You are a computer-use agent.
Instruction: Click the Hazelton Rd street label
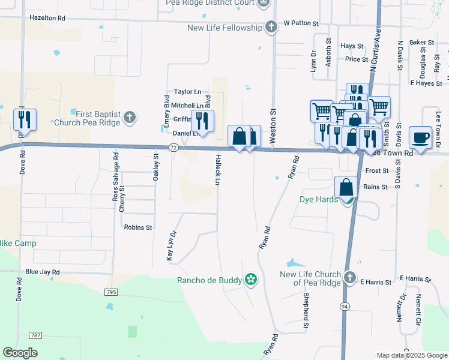coord(47,18)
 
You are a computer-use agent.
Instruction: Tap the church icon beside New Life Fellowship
coord(271,28)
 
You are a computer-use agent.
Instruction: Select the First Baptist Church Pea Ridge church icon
coord(130,118)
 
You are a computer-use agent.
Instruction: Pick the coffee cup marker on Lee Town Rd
coord(421,137)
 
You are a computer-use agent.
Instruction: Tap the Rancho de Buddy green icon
coord(251,280)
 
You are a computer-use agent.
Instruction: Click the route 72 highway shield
coord(173,147)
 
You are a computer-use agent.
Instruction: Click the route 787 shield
coord(37,335)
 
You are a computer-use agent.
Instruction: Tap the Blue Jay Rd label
coord(43,272)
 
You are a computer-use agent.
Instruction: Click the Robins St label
coord(138,227)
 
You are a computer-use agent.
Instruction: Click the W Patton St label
coord(301,23)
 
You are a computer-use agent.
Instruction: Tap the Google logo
coord(20,353)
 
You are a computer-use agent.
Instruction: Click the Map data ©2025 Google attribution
coord(411,355)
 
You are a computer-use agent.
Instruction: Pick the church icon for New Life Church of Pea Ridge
coord(351,278)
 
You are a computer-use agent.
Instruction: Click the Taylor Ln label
coord(187,92)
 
